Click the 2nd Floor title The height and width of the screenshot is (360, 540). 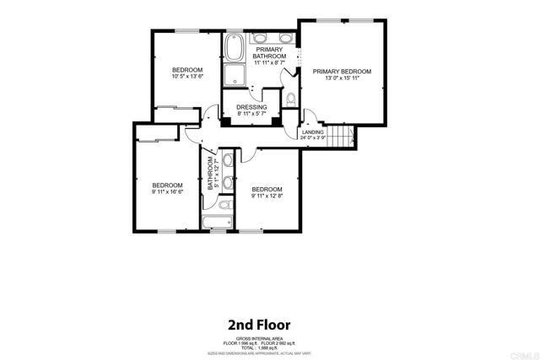[259, 324]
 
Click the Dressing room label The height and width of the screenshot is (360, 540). [251, 107]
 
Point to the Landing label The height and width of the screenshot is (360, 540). [312, 131]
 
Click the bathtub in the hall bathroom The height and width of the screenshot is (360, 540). [218, 223]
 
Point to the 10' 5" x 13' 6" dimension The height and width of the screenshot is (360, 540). [187, 77]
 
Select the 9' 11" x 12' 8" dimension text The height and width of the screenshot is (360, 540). [267, 196]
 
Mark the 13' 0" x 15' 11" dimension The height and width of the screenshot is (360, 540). [343, 79]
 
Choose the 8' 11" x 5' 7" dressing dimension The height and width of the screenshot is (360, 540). [251, 115]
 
